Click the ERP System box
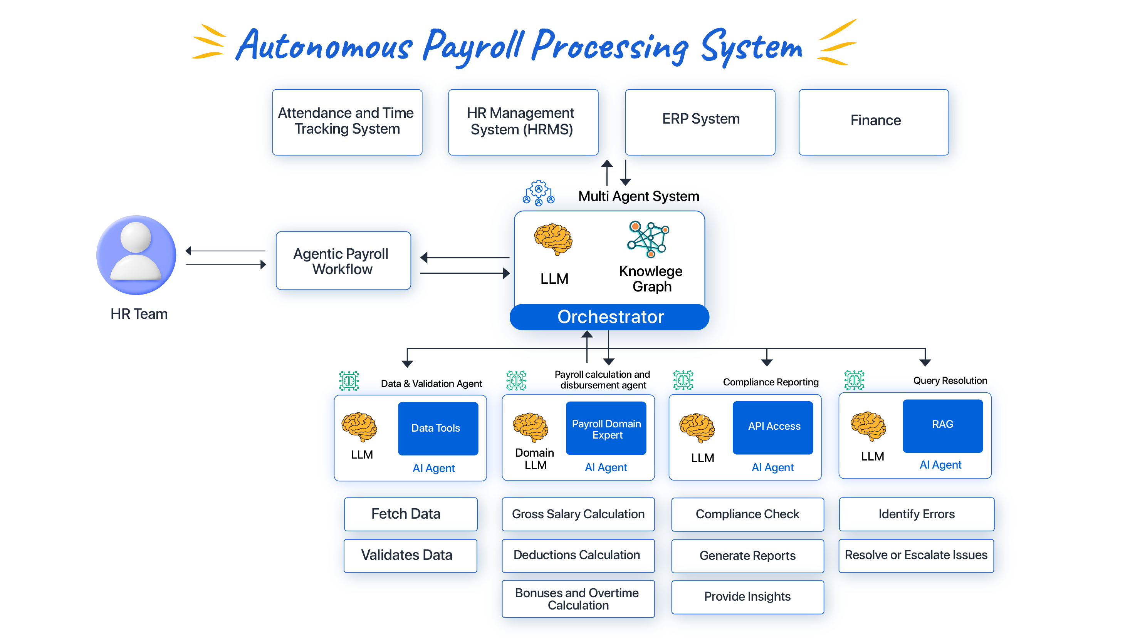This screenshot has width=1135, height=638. [x=700, y=122]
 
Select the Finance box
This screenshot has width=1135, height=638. [x=873, y=122]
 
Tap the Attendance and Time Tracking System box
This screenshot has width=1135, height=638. [x=347, y=122]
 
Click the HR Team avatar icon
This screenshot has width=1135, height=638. [x=136, y=255]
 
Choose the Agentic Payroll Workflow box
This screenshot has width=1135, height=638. [x=343, y=261]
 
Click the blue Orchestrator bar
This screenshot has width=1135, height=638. [x=609, y=317]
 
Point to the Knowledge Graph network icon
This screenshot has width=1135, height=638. [x=648, y=239]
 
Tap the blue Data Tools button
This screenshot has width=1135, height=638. [x=438, y=428]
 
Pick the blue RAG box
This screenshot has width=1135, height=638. [x=942, y=425]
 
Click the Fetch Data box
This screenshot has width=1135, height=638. [x=410, y=514]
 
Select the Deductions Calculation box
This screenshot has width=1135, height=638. [x=578, y=555]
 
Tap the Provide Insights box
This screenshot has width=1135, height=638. [x=747, y=597]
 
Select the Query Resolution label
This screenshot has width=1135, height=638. [x=950, y=380]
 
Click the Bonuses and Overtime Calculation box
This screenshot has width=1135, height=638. [x=578, y=599]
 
